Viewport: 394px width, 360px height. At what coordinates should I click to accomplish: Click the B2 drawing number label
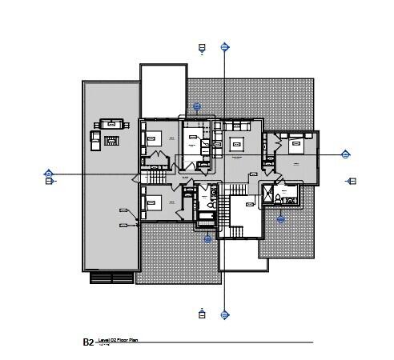point(88,342)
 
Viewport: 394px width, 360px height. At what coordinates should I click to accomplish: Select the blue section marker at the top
point(224,47)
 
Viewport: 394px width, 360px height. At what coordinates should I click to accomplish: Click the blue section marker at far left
point(49,173)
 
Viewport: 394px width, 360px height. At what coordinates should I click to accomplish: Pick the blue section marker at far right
point(346,154)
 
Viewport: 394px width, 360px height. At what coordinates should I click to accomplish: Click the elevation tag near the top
point(203,49)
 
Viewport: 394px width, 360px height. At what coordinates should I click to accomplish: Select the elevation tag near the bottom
point(203,313)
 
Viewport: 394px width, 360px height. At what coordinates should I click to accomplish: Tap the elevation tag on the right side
point(352,182)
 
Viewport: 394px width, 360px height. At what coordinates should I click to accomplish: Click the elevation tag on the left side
point(49,182)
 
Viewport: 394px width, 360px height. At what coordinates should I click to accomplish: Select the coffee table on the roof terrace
point(112,141)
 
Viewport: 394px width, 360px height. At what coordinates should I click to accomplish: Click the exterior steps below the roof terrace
point(111,278)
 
